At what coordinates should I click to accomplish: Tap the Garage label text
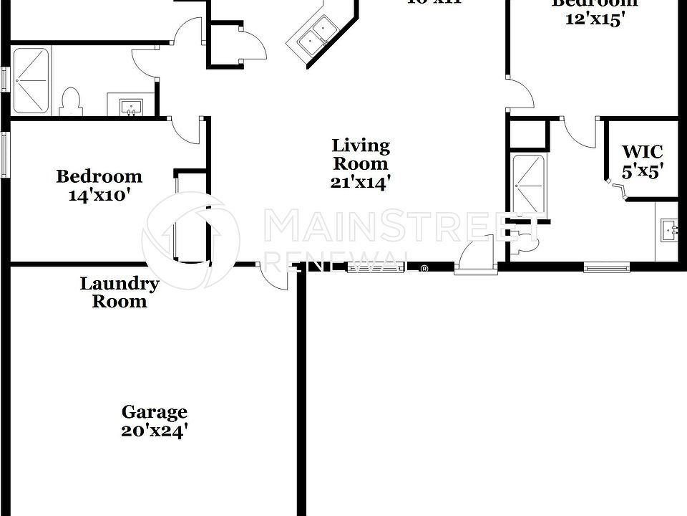154,412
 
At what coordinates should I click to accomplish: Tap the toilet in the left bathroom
70,101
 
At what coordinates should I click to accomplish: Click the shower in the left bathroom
31,80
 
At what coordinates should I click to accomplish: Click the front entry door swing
474,258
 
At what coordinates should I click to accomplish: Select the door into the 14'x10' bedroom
188,130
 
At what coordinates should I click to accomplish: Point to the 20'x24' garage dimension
154,431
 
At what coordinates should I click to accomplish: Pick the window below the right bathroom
607,268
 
